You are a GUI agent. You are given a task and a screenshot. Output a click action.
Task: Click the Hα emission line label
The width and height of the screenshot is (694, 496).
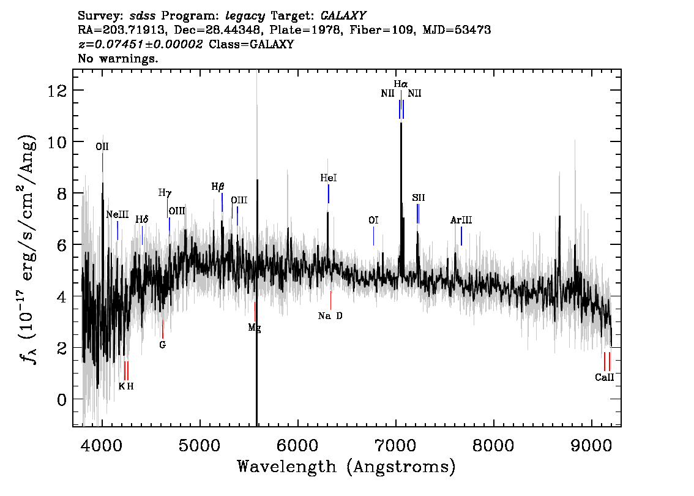401,84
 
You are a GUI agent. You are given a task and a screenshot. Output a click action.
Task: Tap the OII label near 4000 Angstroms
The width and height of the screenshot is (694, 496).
102,146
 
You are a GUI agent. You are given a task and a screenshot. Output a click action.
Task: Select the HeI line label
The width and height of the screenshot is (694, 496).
329,178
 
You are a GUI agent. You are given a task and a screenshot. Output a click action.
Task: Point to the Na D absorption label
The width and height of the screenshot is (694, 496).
330,316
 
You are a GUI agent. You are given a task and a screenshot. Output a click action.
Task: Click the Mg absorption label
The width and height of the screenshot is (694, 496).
254,328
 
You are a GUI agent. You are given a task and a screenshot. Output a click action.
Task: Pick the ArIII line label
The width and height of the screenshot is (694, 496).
461,220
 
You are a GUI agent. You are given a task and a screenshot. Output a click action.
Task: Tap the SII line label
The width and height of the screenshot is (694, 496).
418,198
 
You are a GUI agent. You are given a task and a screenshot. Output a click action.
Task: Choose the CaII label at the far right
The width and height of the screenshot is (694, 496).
604,377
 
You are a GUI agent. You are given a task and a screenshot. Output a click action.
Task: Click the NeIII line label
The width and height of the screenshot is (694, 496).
118,215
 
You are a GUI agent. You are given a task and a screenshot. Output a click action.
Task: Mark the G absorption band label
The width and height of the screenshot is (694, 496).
162,345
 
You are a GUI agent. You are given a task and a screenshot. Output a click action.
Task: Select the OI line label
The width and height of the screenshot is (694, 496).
373,220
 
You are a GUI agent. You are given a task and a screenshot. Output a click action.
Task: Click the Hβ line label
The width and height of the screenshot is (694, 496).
218,187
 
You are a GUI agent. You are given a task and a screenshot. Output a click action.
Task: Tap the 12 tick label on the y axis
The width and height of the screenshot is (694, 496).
57,91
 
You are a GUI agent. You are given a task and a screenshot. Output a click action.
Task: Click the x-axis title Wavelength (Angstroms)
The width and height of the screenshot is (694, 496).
346,467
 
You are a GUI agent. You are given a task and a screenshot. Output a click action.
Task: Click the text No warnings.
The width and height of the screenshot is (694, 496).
118,58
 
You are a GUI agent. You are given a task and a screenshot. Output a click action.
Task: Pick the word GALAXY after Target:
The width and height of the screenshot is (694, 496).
343,16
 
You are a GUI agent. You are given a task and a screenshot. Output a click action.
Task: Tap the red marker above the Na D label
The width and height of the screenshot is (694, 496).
330,300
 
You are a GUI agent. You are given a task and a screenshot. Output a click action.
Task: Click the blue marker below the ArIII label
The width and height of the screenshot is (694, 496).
461,236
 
